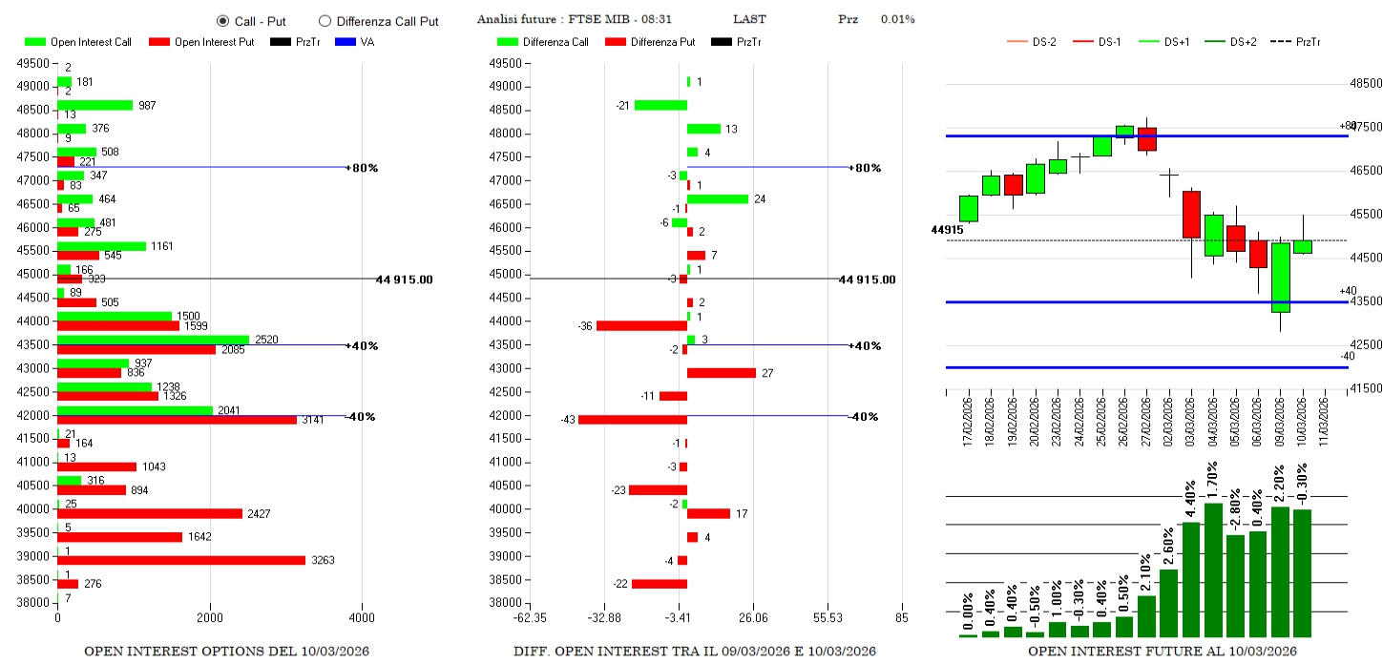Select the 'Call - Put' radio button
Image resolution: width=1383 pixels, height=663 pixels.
tap(222, 20)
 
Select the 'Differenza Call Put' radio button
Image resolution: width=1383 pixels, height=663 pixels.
tap(325, 20)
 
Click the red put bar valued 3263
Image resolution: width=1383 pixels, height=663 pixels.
tap(181, 560)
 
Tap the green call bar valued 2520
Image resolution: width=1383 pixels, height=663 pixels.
tap(153, 340)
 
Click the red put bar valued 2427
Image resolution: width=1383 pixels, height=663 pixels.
tap(150, 513)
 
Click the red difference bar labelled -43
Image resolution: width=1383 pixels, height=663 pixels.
tap(633, 420)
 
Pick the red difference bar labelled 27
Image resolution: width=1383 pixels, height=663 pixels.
tap(722, 373)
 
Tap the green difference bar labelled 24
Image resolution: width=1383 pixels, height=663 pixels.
tap(718, 199)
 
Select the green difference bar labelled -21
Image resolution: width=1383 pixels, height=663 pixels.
tap(660, 105)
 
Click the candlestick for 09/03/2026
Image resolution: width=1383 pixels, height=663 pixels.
tap(1280, 278)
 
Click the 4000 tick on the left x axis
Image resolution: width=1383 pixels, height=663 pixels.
tap(363, 619)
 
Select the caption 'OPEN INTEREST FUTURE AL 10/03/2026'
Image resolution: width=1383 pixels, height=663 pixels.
tap(1162, 652)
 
